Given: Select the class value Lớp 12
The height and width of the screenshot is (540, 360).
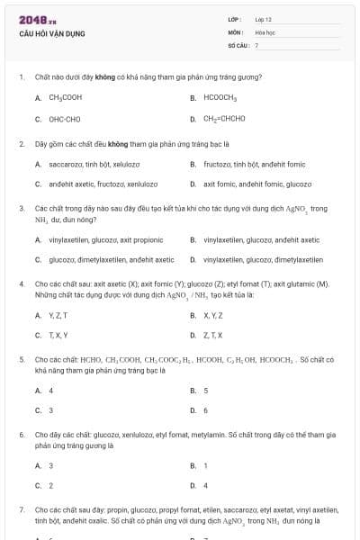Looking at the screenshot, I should coord(264,19).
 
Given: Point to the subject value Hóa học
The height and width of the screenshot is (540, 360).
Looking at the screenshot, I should coord(265,31).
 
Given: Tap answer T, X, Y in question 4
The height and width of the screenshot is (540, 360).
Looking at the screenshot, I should coord(58,335).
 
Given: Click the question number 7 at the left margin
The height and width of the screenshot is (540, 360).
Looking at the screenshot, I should coord(21,509).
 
